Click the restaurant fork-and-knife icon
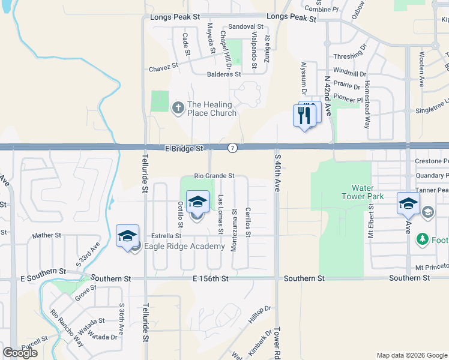(305, 115)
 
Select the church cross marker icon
(178, 108)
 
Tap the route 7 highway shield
(232, 148)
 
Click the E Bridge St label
(185, 148)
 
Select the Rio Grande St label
(213, 176)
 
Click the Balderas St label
(224, 75)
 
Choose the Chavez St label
(164, 69)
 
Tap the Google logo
(20, 352)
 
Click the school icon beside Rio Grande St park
(197, 202)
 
